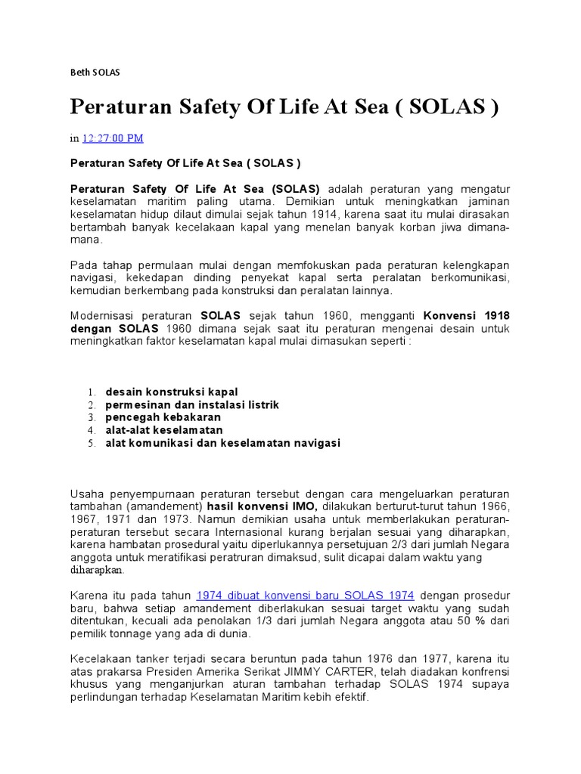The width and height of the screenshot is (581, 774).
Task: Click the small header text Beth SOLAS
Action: [x=95, y=73]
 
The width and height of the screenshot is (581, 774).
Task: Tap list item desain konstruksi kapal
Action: [x=172, y=392]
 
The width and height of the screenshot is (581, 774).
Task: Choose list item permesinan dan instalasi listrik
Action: [x=192, y=404]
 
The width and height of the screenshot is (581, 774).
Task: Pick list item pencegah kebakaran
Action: [x=163, y=417]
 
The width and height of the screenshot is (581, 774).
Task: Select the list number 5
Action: [x=89, y=443]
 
